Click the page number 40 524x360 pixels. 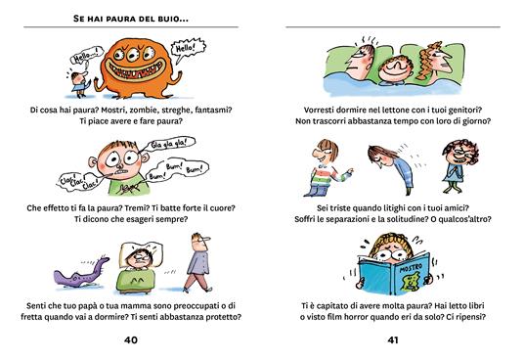131,339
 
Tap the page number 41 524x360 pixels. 393,339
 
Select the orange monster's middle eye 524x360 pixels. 133,54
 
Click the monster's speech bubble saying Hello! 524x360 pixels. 188,49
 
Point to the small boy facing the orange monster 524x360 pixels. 80,83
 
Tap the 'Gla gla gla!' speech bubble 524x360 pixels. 167,144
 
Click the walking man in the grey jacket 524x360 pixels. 197,263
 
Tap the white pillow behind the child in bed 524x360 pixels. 141,251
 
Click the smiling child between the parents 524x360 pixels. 395,69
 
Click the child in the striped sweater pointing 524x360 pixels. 327,168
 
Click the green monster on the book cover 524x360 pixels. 411,281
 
